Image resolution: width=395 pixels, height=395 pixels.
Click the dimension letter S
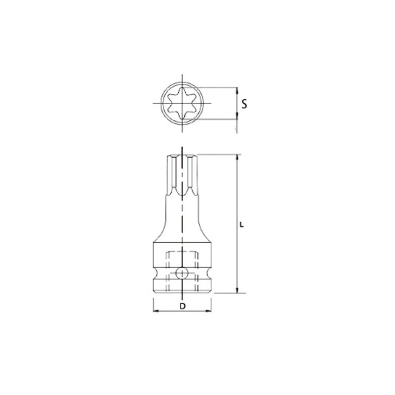[244, 104]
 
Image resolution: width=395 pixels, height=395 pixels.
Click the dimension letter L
[242, 225]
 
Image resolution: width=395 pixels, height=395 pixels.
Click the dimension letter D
[182, 306]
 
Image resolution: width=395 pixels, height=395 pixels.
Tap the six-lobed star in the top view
[182, 103]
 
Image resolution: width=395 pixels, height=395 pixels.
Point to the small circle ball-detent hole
[182, 273]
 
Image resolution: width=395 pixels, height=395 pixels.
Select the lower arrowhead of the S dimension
[237, 116]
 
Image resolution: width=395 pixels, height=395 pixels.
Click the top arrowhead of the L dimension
[237, 158]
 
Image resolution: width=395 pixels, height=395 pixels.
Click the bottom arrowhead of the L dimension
[237, 290]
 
